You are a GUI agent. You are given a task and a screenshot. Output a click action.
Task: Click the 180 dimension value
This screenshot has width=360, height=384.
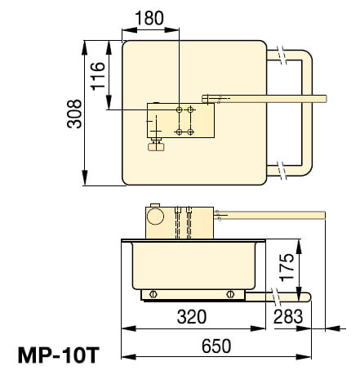click(x=150, y=18)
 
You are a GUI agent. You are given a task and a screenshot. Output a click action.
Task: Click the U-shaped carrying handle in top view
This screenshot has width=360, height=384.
click(x=308, y=114)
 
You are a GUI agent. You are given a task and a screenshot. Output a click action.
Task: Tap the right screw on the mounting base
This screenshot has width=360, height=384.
click(x=232, y=293)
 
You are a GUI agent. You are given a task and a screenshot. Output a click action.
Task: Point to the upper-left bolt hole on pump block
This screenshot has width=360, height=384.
click(x=179, y=108)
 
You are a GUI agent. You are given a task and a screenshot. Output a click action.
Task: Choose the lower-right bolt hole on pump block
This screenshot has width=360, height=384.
click(x=190, y=131)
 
